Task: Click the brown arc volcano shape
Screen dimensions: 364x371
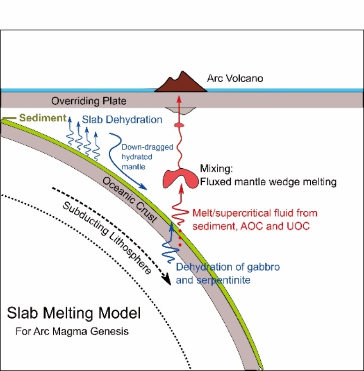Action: pyautogui.click(x=181, y=83)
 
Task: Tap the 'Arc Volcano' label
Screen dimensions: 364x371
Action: pyautogui.click(x=235, y=78)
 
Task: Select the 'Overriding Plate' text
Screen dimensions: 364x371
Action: pyautogui.click(x=89, y=101)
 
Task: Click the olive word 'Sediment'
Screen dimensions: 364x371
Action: pyautogui.click(x=43, y=118)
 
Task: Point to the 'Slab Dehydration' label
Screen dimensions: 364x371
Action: pyautogui.click(x=122, y=120)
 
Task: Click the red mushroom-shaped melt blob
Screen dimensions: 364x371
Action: pyautogui.click(x=180, y=178)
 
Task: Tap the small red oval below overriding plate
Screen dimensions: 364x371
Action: pyautogui.click(x=179, y=125)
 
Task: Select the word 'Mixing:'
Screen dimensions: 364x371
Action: pyautogui.click(x=216, y=169)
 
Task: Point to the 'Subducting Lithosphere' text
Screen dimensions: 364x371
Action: pyautogui.click(x=107, y=238)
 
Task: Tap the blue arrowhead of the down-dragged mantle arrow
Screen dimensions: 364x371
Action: pyautogui.click(x=143, y=187)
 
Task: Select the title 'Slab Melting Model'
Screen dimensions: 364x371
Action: pyautogui.click(x=74, y=313)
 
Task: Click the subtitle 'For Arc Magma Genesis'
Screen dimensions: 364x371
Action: pyautogui.click(x=72, y=331)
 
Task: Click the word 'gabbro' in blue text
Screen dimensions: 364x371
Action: pyautogui.click(x=264, y=267)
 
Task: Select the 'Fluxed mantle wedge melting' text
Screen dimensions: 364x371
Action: pyautogui.click(x=268, y=182)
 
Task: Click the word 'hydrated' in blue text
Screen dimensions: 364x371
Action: pyautogui.click(x=137, y=157)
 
